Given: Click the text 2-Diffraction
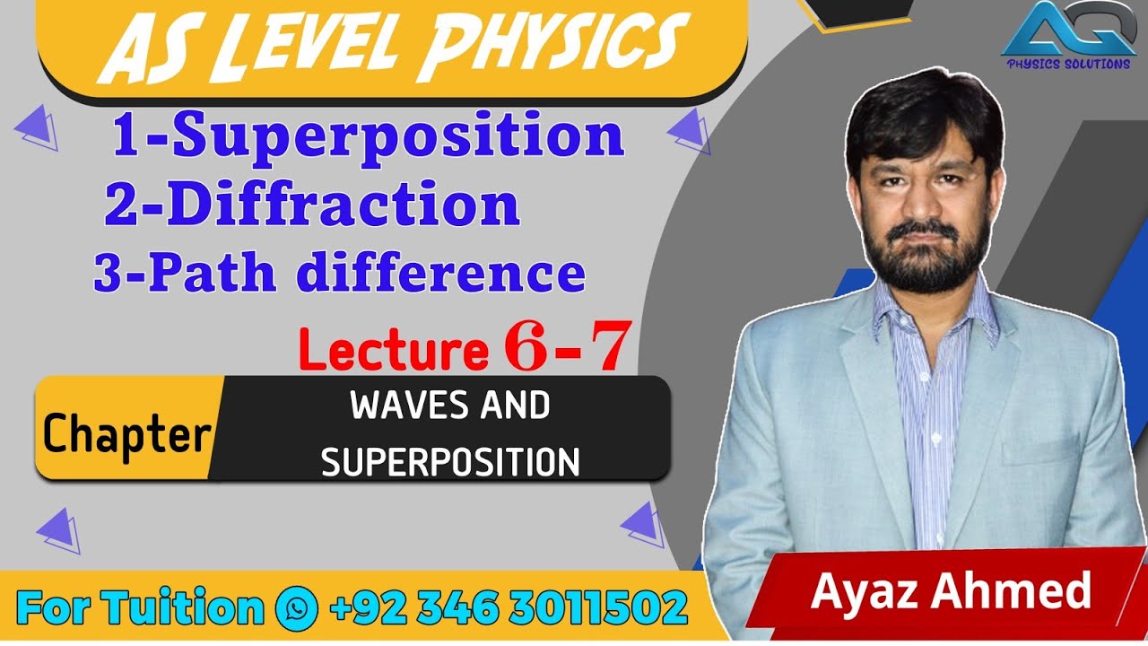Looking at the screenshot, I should [312, 205].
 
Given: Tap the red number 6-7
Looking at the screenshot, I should [564, 347].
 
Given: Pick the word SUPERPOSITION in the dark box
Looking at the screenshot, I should [449, 462].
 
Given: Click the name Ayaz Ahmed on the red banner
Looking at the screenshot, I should [951, 592].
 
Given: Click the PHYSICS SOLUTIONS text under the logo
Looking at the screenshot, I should [1067, 64].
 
